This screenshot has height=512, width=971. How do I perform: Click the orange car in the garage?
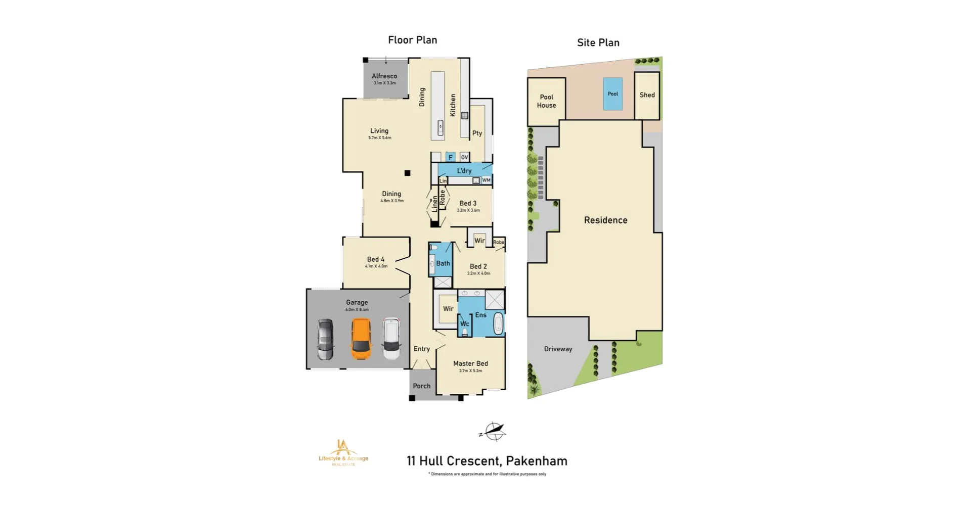(x=361, y=339)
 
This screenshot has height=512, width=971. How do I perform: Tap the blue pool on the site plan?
(x=612, y=94)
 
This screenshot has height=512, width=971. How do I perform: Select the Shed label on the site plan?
(x=647, y=95)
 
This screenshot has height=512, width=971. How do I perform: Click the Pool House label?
(x=546, y=101)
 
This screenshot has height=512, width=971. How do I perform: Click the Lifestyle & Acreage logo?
(x=343, y=453)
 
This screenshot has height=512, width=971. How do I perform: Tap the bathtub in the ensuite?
(x=498, y=323)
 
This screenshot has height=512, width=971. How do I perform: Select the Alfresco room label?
(x=384, y=76)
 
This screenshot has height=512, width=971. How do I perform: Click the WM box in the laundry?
(x=486, y=180)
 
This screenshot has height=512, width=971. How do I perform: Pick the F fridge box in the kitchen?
(x=450, y=157)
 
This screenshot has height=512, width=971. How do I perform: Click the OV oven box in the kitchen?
(x=464, y=157)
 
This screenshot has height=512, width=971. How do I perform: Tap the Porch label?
(x=421, y=386)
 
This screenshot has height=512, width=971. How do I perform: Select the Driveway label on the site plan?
(x=558, y=349)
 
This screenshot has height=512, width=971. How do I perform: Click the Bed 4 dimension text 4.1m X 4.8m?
(x=376, y=266)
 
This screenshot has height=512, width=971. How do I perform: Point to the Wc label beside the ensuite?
(x=464, y=324)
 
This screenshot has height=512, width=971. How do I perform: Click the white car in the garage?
(x=391, y=338)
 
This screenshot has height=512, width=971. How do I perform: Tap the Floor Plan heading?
(x=412, y=40)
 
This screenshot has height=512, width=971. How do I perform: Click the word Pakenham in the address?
(x=537, y=461)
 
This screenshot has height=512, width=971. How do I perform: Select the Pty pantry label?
(x=477, y=133)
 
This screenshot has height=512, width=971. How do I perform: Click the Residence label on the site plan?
(x=605, y=220)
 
